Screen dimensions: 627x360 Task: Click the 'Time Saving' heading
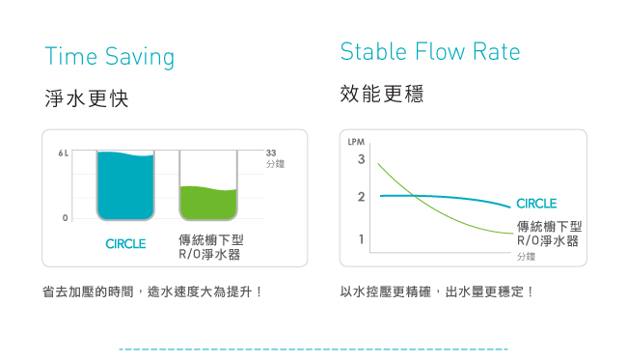point(110,57)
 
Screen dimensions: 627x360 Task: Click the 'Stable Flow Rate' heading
point(430,51)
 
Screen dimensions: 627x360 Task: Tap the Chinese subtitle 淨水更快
point(87,98)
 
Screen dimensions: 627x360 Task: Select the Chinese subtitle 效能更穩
point(381,94)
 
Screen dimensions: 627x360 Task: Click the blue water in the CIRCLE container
point(125,186)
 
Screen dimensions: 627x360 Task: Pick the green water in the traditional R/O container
point(208,204)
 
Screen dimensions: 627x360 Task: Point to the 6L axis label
point(63,153)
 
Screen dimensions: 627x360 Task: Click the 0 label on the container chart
point(66,218)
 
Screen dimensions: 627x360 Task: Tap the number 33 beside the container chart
point(271,152)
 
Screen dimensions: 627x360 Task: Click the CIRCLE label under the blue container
point(125,243)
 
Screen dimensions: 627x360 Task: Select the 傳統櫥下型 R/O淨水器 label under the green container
point(210,247)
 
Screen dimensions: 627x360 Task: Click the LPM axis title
point(356,142)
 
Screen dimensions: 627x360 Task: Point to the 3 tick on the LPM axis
point(362,159)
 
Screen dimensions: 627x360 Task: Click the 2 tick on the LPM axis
point(362,197)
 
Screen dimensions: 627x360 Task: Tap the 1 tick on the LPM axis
point(362,239)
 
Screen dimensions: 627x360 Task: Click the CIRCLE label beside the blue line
point(536,204)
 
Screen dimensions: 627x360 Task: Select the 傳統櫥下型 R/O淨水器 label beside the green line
point(549,234)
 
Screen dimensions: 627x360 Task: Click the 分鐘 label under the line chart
point(526,257)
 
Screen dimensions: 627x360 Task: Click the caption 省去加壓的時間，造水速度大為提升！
point(152,291)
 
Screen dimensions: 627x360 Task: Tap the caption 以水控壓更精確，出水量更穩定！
point(436,291)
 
